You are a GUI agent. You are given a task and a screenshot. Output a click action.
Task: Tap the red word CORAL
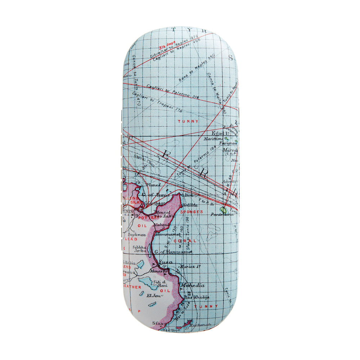point(185,241)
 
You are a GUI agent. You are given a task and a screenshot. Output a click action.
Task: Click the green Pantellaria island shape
point(223,209)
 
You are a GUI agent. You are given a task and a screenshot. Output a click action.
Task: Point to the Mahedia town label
point(193,285)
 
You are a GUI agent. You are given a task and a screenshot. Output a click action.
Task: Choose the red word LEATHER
point(131,287)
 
